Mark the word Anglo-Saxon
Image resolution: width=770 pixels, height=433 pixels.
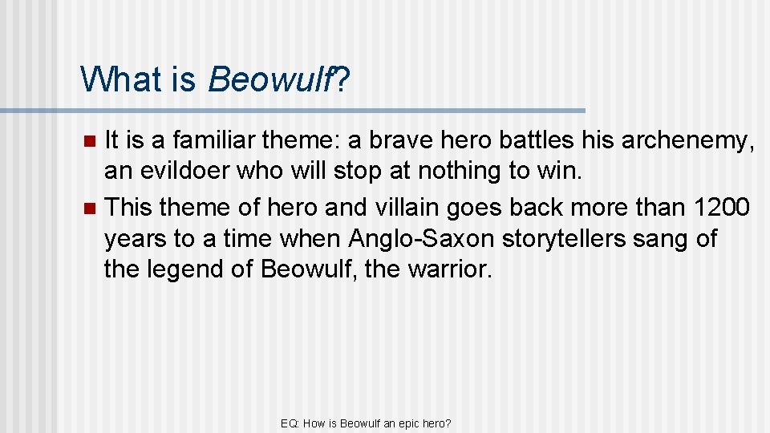(415, 238)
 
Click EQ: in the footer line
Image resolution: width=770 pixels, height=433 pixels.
(290, 423)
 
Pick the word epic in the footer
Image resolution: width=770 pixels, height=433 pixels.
(419, 423)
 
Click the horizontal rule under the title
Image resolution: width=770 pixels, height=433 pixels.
(293, 111)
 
